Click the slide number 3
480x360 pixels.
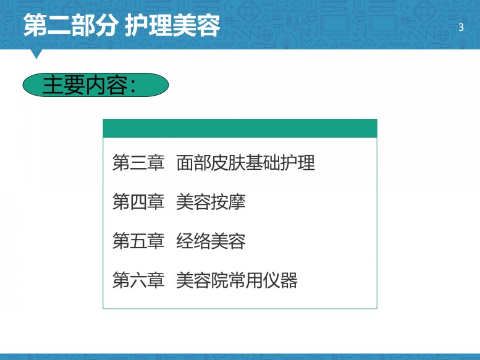pyautogui.click(x=461, y=28)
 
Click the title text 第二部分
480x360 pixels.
pyautogui.click(x=71, y=25)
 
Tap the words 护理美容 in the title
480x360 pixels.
pyautogui.click(x=172, y=25)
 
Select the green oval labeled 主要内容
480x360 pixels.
pyautogui.click(x=96, y=85)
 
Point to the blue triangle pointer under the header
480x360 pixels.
pyautogui.click(x=36, y=54)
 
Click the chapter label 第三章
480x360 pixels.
pyautogui.click(x=138, y=162)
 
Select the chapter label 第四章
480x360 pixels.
pyautogui.click(x=138, y=202)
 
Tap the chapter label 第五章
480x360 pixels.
pyautogui.click(x=138, y=241)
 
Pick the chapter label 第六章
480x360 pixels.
pyautogui.click(x=138, y=280)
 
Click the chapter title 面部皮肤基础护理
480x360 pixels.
pyautogui.click(x=245, y=162)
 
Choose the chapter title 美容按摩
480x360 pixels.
pyautogui.click(x=211, y=202)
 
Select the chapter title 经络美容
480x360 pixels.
pyautogui.click(x=211, y=241)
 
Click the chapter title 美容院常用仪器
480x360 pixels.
pyautogui.click(x=237, y=280)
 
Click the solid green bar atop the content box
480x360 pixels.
pyautogui.click(x=240, y=128)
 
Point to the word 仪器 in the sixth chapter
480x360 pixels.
pyautogui.click(x=280, y=280)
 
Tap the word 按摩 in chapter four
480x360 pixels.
pyautogui.click(x=229, y=202)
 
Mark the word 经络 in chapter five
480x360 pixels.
pyautogui.click(x=193, y=241)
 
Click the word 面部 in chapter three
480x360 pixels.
pyautogui.click(x=193, y=162)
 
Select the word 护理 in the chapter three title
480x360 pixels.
pyautogui.click(x=298, y=162)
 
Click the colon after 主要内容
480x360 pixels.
pyautogui.click(x=133, y=86)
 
